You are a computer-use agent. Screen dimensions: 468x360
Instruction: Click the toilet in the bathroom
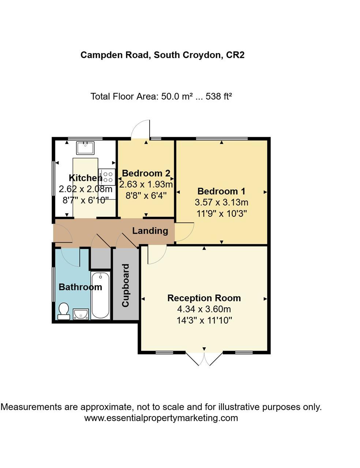[x=64, y=311]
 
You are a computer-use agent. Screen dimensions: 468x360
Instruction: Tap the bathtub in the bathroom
[x=100, y=295]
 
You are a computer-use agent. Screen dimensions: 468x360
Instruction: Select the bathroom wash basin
[x=80, y=314]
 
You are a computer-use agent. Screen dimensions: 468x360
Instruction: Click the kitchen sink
[x=85, y=148]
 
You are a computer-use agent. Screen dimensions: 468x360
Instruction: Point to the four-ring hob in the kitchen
[x=108, y=177]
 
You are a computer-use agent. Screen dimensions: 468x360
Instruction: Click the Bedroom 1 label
[x=221, y=191]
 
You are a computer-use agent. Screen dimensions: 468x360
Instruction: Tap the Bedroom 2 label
[x=146, y=173]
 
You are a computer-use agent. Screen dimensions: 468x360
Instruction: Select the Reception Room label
[x=204, y=298]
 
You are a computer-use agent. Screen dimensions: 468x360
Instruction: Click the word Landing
[x=150, y=231]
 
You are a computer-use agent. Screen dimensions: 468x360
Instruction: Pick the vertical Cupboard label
[x=125, y=286]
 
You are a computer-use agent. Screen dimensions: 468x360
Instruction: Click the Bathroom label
[x=80, y=287]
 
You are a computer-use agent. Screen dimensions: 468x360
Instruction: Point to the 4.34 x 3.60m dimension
[x=204, y=309]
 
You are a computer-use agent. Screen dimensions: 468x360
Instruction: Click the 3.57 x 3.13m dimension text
[x=222, y=202]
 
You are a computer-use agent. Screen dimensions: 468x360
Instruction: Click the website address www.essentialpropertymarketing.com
[x=161, y=418]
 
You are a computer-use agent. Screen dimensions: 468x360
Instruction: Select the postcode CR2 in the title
[x=235, y=55]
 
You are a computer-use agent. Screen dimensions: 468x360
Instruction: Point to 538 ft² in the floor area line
[x=219, y=97]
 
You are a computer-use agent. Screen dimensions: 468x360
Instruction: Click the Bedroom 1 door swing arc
[x=185, y=232]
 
